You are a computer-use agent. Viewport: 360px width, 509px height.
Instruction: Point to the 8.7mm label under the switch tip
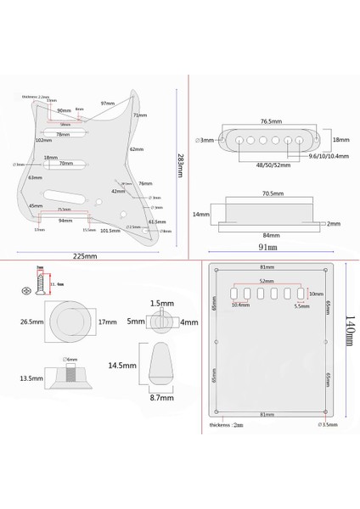(161, 397)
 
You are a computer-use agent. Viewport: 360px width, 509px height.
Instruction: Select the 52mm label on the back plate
(267, 282)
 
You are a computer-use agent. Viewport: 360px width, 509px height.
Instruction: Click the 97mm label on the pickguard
(107, 103)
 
